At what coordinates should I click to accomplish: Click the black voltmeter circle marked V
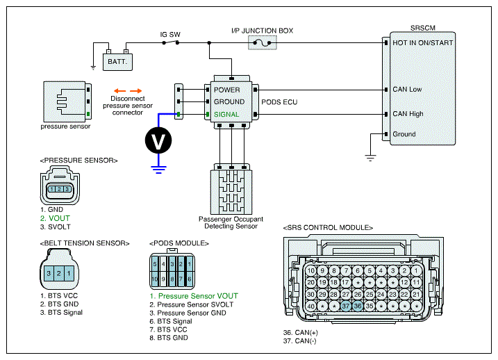(x=158, y=140)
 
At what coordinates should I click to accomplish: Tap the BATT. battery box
(x=117, y=62)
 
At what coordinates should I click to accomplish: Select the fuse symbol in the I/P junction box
(x=263, y=42)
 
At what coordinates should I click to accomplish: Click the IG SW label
(x=170, y=34)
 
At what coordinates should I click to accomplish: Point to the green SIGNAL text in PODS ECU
(x=226, y=115)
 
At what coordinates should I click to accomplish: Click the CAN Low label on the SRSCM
(x=407, y=89)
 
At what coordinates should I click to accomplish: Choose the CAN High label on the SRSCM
(x=408, y=114)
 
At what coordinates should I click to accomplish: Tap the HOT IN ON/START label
(x=423, y=43)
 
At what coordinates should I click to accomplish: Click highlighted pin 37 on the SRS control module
(x=346, y=306)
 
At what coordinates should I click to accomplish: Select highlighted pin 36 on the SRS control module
(x=358, y=306)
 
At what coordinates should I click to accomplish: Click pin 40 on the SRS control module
(x=310, y=306)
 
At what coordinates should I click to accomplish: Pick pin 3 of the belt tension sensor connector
(x=49, y=273)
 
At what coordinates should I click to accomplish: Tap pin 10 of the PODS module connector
(x=155, y=279)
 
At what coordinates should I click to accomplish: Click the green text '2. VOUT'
(x=55, y=218)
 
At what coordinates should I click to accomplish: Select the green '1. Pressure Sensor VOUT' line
(x=194, y=296)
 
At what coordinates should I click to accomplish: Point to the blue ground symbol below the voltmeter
(x=158, y=170)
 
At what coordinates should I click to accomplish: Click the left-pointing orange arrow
(x=119, y=90)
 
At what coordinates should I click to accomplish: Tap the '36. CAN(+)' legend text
(x=301, y=333)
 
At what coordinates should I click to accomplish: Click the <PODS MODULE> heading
(x=179, y=243)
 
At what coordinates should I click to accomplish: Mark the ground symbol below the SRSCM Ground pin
(x=370, y=158)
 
